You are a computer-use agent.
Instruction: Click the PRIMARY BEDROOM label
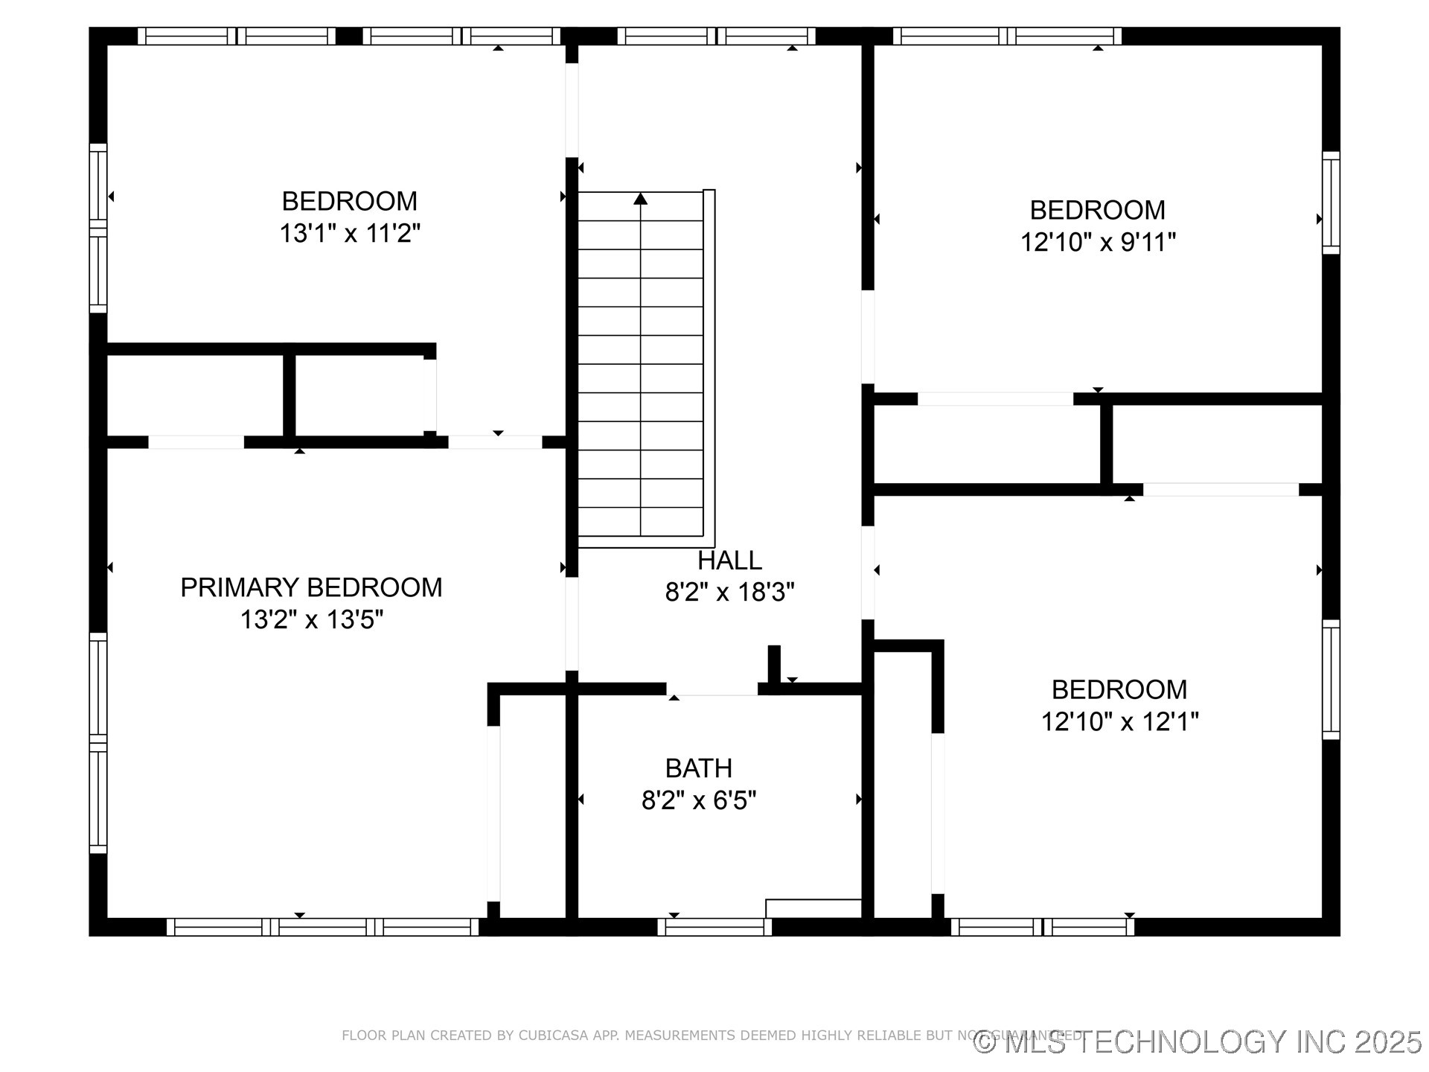[x=311, y=587]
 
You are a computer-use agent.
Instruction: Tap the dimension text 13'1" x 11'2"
[x=350, y=234]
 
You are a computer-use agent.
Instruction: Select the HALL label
[x=729, y=560]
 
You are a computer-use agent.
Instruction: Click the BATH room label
[x=698, y=768]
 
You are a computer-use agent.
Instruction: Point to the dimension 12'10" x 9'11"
[x=1098, y=243]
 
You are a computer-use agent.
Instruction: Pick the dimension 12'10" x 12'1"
[x=1119, y=721]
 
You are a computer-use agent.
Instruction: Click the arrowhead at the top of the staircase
[x=640, y=199]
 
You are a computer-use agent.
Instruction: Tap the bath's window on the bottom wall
[x=714, y=927]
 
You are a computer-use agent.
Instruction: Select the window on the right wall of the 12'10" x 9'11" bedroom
[x=1331, y=202]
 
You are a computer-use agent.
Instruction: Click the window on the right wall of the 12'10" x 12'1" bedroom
[x=1331, y=679]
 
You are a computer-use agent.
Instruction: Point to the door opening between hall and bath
[x=712, y=689]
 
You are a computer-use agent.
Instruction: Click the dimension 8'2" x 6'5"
[x=698, y=800]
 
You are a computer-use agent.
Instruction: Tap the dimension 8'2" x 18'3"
[x=729, y=593]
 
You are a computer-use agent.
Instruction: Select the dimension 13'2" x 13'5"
[x=311, y=619]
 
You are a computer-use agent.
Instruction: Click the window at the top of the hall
[x=717, y=36]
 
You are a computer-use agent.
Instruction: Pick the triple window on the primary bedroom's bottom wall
[x=322, y=927]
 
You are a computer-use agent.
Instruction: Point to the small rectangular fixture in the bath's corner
[x=813, y=908]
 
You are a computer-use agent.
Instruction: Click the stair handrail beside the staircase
[x=709, y=365]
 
